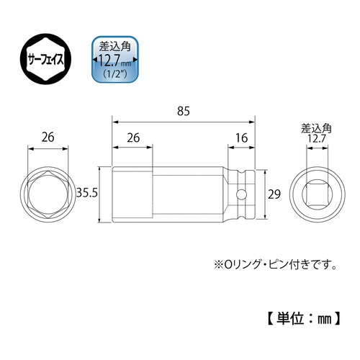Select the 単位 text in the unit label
(288, 316)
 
